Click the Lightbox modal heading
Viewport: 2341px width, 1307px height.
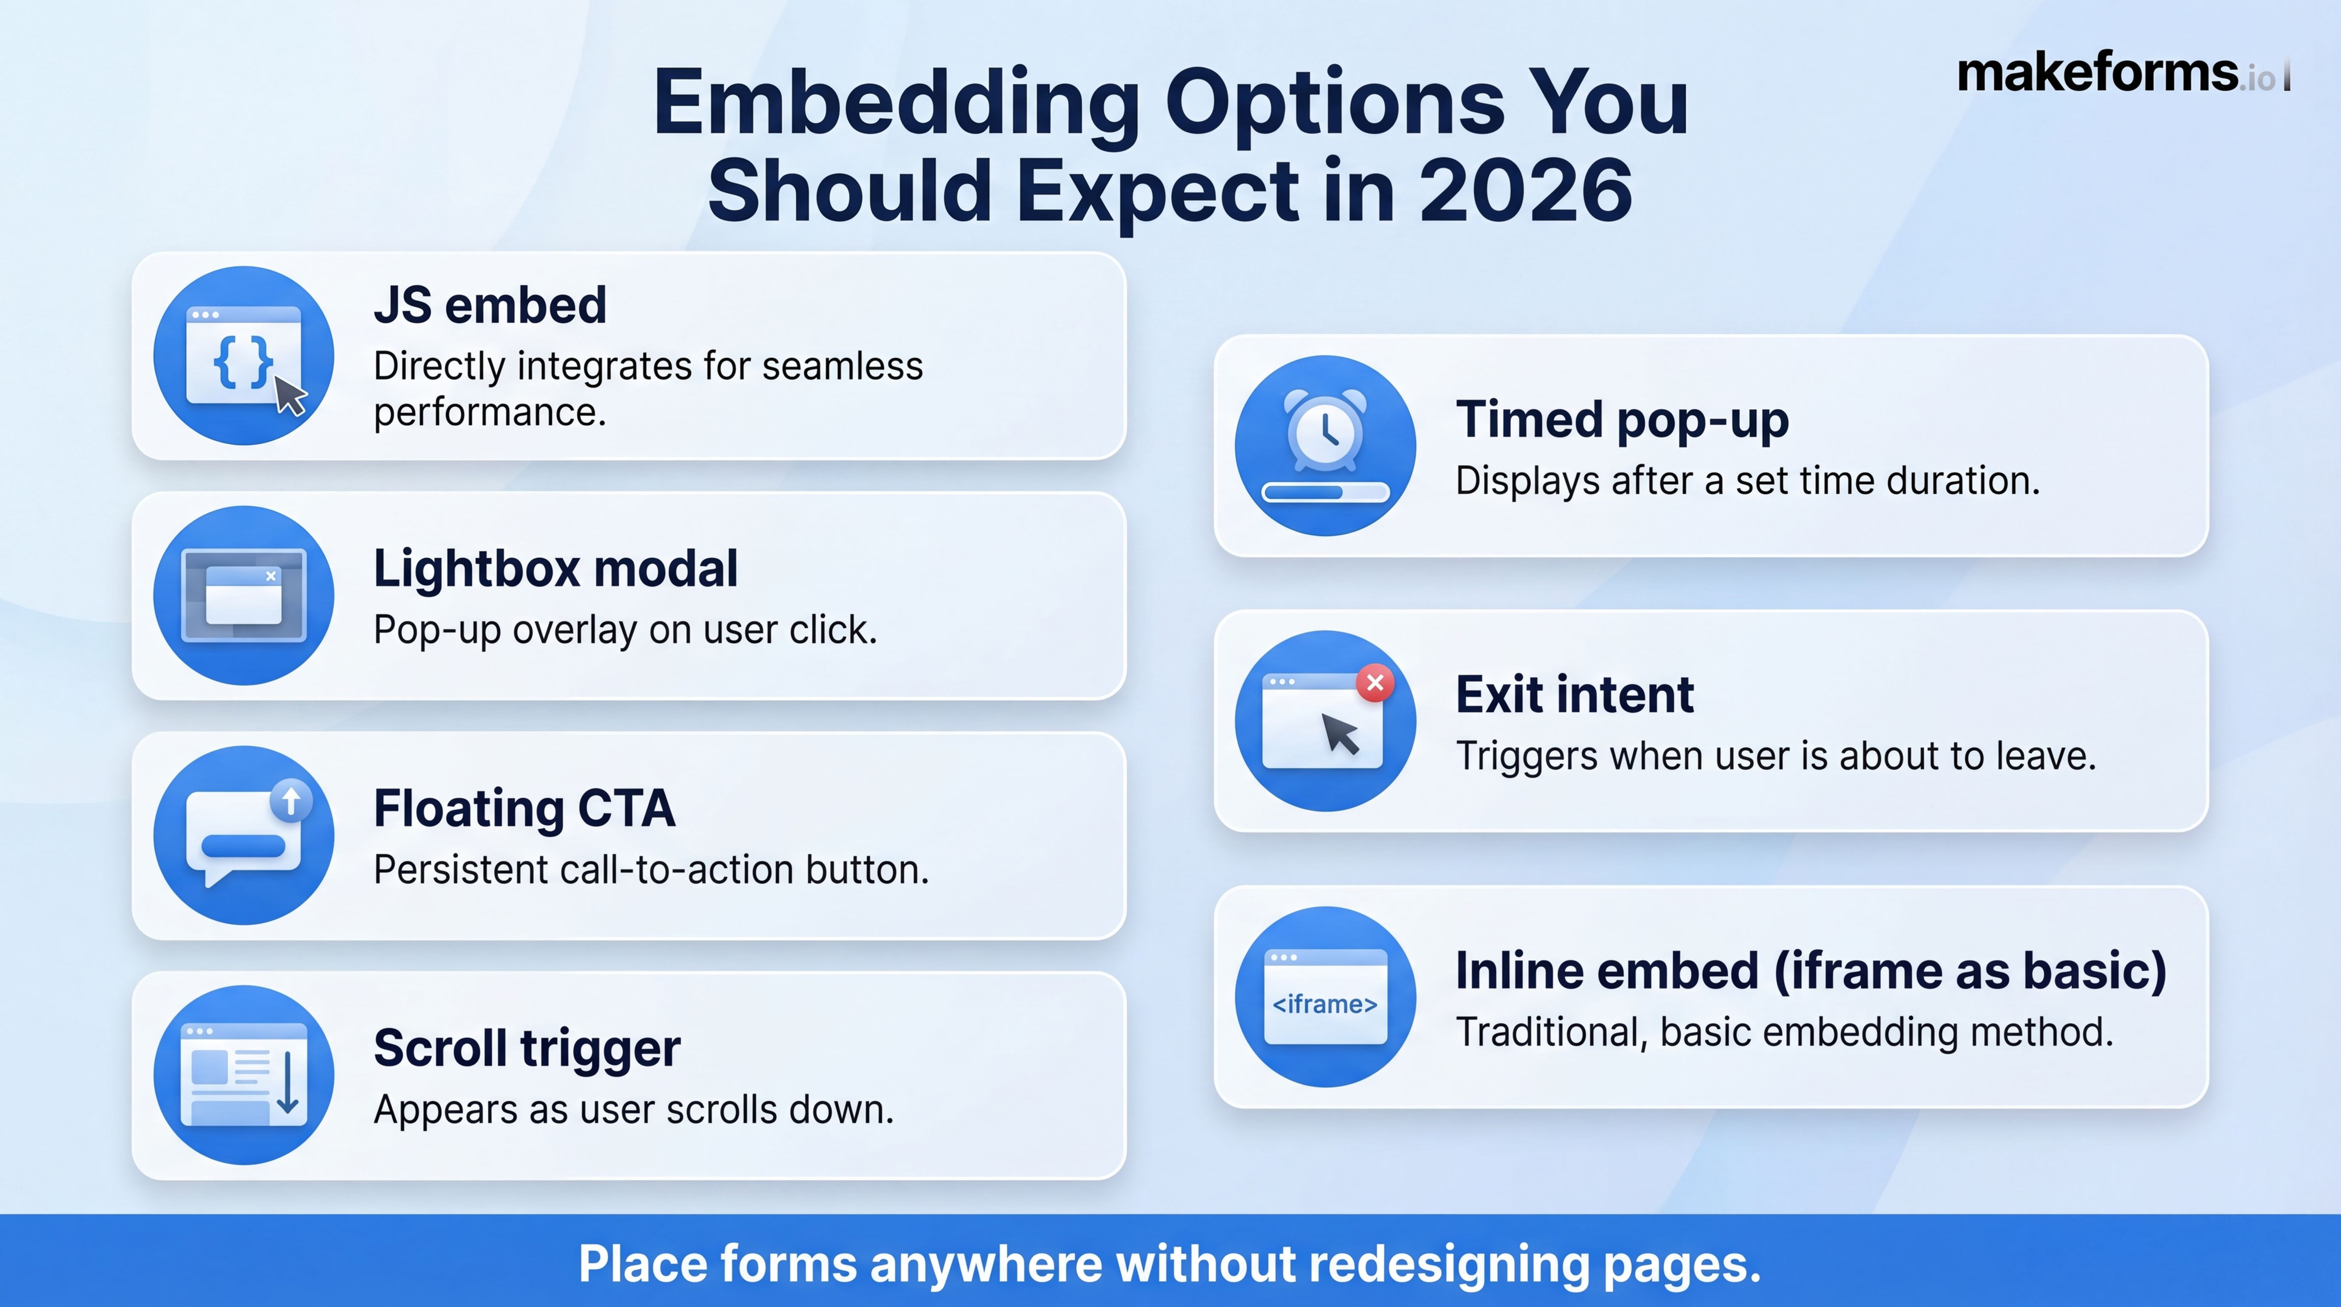555,569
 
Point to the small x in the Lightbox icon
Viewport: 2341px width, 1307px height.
271,575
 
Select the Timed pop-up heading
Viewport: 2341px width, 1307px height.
1622,420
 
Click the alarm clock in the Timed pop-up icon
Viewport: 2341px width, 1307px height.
1325,429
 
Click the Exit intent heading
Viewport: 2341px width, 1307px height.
1575,695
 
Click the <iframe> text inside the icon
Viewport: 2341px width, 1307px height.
1325,1005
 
